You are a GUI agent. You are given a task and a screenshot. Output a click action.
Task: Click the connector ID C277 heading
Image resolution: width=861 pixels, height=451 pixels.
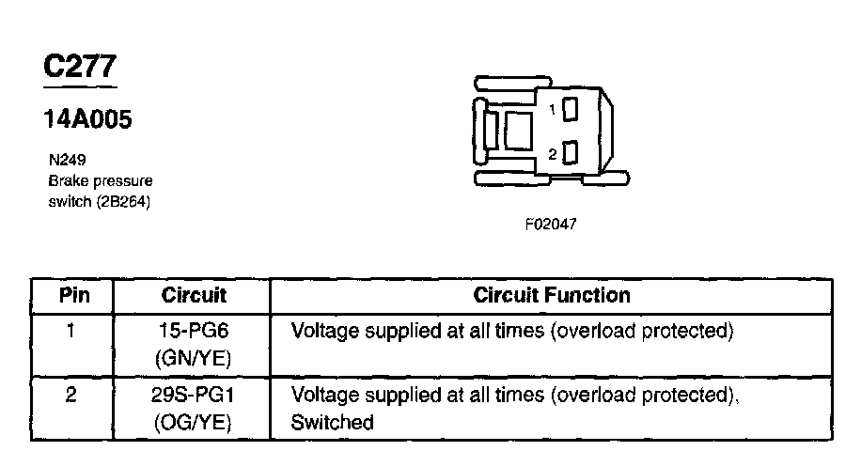81,67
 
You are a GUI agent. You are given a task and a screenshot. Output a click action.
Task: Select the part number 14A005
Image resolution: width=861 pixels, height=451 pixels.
89,119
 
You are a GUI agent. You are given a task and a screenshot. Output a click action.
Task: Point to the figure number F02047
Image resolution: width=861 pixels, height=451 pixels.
551,225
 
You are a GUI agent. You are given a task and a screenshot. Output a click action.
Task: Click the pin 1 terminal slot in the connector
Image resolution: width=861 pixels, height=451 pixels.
570,109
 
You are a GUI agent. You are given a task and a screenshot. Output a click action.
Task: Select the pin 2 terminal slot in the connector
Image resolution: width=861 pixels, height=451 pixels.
570,152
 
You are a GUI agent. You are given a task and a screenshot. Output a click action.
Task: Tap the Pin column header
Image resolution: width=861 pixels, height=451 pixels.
73,295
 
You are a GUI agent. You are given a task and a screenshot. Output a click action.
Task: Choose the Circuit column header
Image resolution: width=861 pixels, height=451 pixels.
194,295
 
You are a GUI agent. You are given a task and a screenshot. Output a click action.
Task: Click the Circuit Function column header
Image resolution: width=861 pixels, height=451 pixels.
552,295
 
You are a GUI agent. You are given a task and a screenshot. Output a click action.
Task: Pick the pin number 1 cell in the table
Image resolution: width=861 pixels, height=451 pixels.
71,331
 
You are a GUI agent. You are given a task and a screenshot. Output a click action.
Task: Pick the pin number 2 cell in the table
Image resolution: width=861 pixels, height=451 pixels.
71,396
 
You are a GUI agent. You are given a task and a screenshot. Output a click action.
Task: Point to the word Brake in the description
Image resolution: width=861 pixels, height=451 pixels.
66,180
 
